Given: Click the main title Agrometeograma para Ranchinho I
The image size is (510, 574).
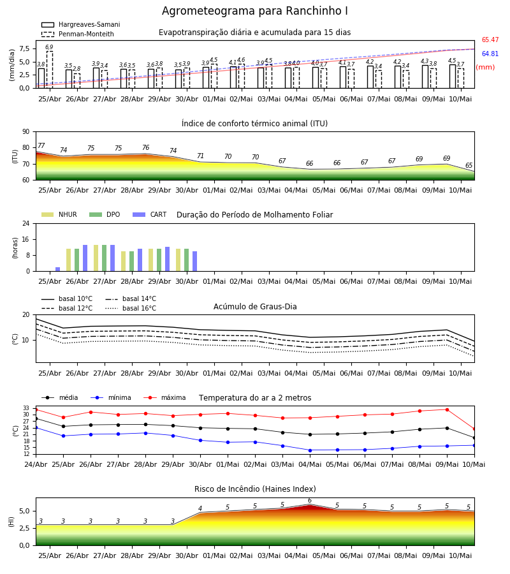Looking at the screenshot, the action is pos(254,11).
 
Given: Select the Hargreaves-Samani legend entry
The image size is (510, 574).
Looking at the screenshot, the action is pos(80,24).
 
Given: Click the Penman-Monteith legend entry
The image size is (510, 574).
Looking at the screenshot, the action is pos(78,34).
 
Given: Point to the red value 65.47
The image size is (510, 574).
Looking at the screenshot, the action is pos(490,40).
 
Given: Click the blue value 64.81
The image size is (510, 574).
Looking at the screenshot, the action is pos(490,54).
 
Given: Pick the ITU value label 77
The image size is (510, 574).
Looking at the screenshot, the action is pos(41,145).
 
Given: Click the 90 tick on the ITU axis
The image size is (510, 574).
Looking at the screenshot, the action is pos(26,132).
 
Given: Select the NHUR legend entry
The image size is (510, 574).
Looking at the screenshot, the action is pos(59,214).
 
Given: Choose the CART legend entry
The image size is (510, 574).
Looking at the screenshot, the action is pos(150,214).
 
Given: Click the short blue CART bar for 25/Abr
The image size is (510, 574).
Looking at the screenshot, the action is pos(57,269).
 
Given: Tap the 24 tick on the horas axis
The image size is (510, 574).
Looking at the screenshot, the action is pos(26,223).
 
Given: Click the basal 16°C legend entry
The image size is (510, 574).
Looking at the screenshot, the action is pos(131,308).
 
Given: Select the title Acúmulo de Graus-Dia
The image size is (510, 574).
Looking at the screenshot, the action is pos(255,307).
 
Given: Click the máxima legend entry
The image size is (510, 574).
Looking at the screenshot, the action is pos(164,397).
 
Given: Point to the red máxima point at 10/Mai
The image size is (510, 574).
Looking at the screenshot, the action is pos(474,429).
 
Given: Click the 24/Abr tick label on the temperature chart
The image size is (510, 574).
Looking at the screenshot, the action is pos(36,464).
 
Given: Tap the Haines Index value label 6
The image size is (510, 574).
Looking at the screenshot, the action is pos(310,501).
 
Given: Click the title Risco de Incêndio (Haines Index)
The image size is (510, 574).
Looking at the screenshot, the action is pos(255,489).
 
